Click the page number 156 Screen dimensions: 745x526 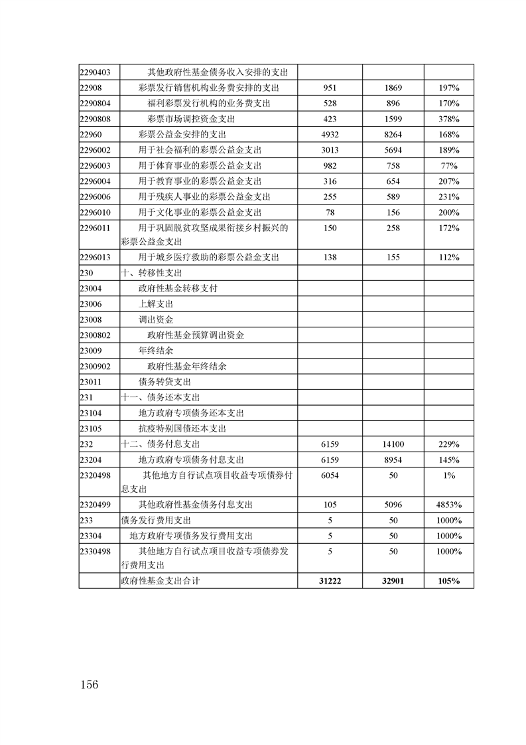[x=88, y=685]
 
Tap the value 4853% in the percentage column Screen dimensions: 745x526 [x=449, y=505]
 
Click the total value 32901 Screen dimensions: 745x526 [x=393, y=580]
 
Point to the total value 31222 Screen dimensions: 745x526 [x=330, y=580]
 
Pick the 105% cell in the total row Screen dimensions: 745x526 [x=449, y=580]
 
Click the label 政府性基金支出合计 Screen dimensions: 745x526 [x=161, y=580]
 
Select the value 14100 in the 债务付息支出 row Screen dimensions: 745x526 [x=393, y=444]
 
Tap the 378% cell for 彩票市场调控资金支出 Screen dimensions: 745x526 [x=449, y=119]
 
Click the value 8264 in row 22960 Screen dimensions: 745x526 [x=393, y=134]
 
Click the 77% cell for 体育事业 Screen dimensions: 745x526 [x=449, y=165]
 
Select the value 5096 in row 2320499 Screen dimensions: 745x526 [x=393, y=505]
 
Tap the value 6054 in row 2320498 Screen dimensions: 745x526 [x=330, y=475]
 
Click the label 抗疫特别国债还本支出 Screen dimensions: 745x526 [x=182, y=429]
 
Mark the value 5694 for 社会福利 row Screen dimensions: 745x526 [x=393, y=150]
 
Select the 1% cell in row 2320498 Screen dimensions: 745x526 [x=449, y=475]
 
